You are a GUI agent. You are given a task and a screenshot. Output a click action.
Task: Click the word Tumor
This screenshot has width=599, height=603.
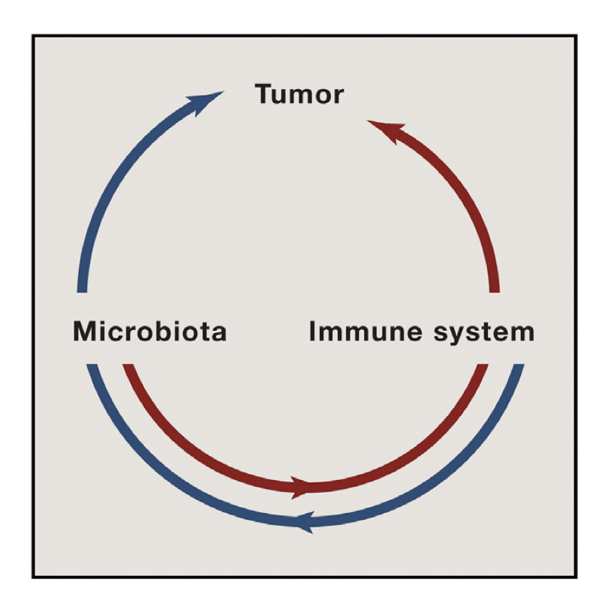point(299,95)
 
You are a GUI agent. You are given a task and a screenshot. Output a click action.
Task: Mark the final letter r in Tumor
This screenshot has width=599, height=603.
point(339,97)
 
